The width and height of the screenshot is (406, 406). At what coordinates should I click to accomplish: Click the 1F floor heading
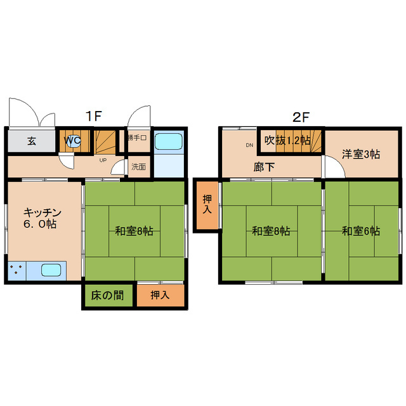(x=95, y=116)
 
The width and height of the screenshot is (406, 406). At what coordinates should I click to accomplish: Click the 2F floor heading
(x=301, y=116)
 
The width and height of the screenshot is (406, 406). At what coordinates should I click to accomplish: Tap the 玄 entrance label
(x=32, y=141)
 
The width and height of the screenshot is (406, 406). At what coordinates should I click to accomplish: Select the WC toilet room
(x=72, y=141)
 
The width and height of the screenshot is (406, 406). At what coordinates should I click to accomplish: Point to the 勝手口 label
(x=137, y=138)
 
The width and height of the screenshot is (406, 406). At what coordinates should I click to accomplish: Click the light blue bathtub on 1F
(x=169, y=143)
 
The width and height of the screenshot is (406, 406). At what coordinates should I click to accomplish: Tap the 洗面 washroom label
(x=139, y=167)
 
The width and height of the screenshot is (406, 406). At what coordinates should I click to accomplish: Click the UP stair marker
(x=103, y=160)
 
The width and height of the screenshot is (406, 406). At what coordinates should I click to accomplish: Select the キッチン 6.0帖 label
(x=42, y=218)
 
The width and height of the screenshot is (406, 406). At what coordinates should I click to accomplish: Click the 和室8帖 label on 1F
(x=134, y=231)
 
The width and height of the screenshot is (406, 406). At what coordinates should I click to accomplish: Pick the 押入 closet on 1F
(x=160, y=296)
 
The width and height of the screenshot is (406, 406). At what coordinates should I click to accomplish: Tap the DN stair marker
(x=249, y=145)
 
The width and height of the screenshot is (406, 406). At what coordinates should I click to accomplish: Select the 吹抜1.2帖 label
(x=287, y=140)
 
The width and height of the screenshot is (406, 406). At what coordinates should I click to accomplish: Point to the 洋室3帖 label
(x=361, y=154)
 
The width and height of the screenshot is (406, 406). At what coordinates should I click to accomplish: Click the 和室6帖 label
(x=361, y=231)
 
